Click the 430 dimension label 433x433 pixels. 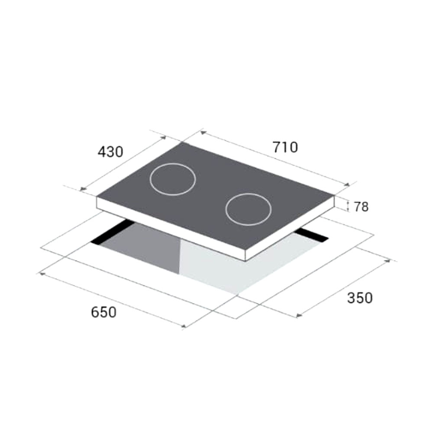pos(110,152)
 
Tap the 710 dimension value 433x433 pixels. pos(285,147)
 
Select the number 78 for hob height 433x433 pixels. pos(361,207)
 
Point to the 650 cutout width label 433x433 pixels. pos(104,312)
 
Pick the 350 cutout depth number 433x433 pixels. pos(360,298)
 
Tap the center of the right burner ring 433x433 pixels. pos(249,209)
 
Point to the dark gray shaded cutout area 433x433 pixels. pos(147,251)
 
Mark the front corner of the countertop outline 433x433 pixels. pos(236,319)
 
